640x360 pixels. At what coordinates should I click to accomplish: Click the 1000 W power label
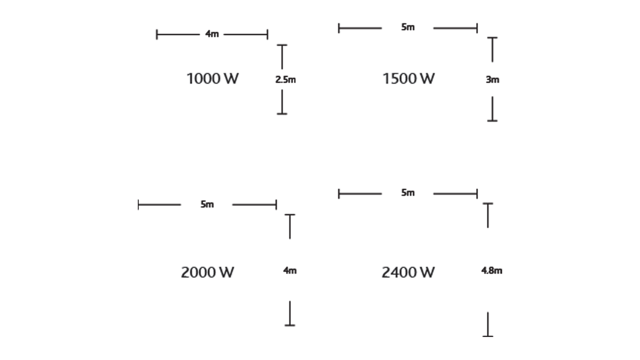point(212,79)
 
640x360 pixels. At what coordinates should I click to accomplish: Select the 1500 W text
point(408,79)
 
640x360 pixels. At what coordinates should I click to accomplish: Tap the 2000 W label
point(207,273)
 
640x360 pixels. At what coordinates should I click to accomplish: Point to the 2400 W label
point(408,273)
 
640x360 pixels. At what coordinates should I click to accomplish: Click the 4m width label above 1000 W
point(212,34)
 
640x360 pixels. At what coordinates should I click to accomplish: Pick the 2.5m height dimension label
point(285,80)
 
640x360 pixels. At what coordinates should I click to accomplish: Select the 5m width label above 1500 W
point(408,27)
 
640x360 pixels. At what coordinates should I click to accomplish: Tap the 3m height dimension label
point(492,80)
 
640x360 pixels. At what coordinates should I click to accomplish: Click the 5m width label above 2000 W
point(207,205)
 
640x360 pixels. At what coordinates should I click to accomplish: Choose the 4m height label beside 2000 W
point(290,270)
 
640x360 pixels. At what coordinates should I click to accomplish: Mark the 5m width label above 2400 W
point(408,193)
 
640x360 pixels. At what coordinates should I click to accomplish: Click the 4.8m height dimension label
point(492,270)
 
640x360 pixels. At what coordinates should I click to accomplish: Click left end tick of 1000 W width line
point(157,35)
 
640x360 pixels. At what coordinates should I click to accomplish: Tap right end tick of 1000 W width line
point(268,35)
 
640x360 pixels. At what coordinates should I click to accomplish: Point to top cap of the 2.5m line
point(282,45)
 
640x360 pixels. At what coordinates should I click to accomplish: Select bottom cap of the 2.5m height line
point(282,114)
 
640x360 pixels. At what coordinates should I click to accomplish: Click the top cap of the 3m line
point(492,38)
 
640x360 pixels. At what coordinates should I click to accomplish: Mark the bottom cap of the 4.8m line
point(488,336)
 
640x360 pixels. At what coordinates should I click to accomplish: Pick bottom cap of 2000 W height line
point(290,325)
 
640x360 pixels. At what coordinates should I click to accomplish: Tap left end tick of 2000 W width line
point(139,205)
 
